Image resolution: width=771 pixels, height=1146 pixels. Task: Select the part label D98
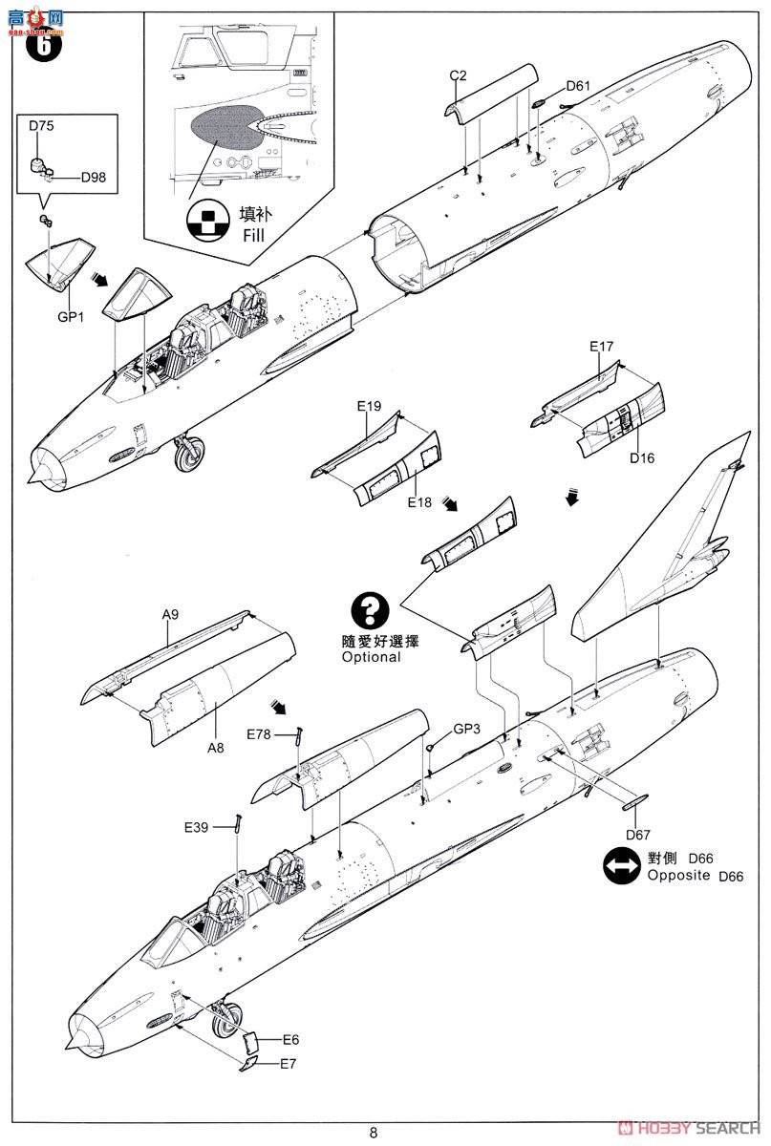click(x=94, y=177)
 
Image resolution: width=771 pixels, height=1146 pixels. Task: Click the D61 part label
click(x=577, y=86)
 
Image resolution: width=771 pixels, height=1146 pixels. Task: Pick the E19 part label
click(x=370, y=406)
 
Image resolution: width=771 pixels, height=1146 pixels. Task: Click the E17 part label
click(x=601, y=347)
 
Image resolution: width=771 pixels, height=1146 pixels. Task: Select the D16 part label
click(x=642, y=457)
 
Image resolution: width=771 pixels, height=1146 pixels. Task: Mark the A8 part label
click(x=216, y=748)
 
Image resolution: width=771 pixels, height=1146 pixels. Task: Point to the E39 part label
click(x=198, y=826)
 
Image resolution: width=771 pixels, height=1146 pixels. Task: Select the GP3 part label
click(x=466, y=728)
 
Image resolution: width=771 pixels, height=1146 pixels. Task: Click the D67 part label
click(x=639, y=833)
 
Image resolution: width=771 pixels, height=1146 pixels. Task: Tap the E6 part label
click(x=290, y=1040)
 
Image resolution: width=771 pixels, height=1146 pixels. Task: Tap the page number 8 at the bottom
click(x=373, y=1134)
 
